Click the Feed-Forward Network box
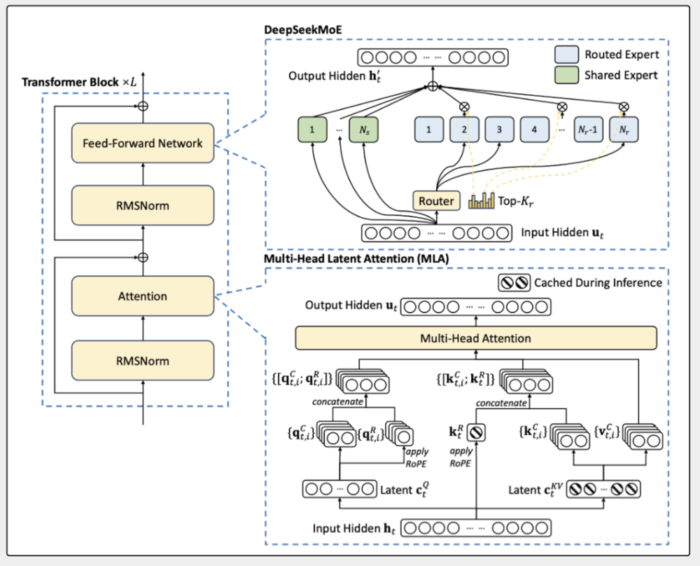pyautogui.click(x=143, y=144)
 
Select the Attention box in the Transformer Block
pyautogui.click(x=143, y=296)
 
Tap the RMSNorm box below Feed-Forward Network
pyautogui.click(x=143, y=206)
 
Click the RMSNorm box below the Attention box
pyautogui.click(x=143, y=361)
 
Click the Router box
pyautogui.click(x=436, y=201)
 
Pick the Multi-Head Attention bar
pyautogui.click(x=475, y=338)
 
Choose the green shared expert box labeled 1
pyautogui.click(x=311, y=130)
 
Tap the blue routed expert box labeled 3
pyautogui.click(x=499, y=130)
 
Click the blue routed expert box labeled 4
pyautogui.click(x=534, y=130)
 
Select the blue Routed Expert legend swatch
pyautogui.click(x=566, y=54)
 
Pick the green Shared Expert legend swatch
pyautogui.click(x=566, y=75)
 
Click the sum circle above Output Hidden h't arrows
pyautogui.click(x=433, y=87)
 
